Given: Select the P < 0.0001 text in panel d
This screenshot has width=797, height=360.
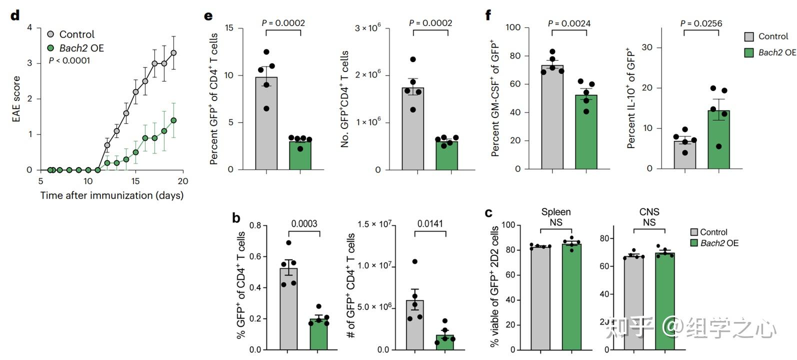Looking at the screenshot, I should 69,60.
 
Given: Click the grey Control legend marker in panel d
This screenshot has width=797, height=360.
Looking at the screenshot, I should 50,34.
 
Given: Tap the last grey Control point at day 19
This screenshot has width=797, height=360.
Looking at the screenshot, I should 173,52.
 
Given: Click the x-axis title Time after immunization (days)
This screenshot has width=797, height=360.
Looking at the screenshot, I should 112,195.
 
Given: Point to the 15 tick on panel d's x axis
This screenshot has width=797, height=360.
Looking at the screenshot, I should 135,181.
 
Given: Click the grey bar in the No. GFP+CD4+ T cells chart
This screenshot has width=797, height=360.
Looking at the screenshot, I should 413,129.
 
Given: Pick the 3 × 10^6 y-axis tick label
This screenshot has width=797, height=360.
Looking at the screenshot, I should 367,28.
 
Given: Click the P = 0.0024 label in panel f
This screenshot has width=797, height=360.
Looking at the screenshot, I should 569,23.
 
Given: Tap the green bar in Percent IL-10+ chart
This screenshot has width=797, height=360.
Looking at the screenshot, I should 718,139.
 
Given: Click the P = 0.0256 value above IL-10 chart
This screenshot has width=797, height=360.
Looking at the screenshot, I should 701,23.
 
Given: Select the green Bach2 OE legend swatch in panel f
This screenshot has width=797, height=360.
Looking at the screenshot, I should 749,52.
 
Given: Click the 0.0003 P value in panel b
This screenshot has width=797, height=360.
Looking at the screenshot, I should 304,224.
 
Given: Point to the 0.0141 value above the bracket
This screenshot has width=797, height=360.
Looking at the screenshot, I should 430,224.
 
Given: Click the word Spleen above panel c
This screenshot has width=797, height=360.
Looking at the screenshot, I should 555,212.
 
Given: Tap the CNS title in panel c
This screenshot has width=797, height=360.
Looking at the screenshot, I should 649,212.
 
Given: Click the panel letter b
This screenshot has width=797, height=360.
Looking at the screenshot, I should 236,218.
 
